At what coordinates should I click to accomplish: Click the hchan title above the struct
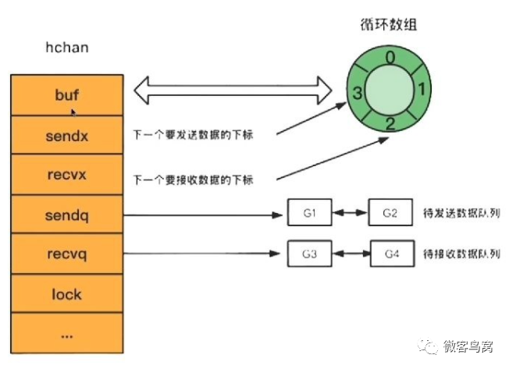tap(66, 48)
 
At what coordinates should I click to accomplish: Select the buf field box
tap(66, 94)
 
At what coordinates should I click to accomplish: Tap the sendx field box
tap(66, 134)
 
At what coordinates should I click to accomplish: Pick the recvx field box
tap(66, 174)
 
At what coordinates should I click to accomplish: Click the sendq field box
tap(66, 214)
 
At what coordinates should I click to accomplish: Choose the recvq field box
tap(66, 254)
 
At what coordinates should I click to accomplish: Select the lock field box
tap(66, 295)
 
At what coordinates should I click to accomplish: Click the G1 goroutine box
tap(309, 212)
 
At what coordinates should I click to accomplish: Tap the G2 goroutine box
tap(390, 212)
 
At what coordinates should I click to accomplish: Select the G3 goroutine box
tap(309, 254)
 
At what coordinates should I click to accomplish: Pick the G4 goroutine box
tap(390, 254)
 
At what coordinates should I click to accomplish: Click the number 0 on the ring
tap(390, 56)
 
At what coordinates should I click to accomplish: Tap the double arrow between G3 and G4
tap(350, 254)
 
